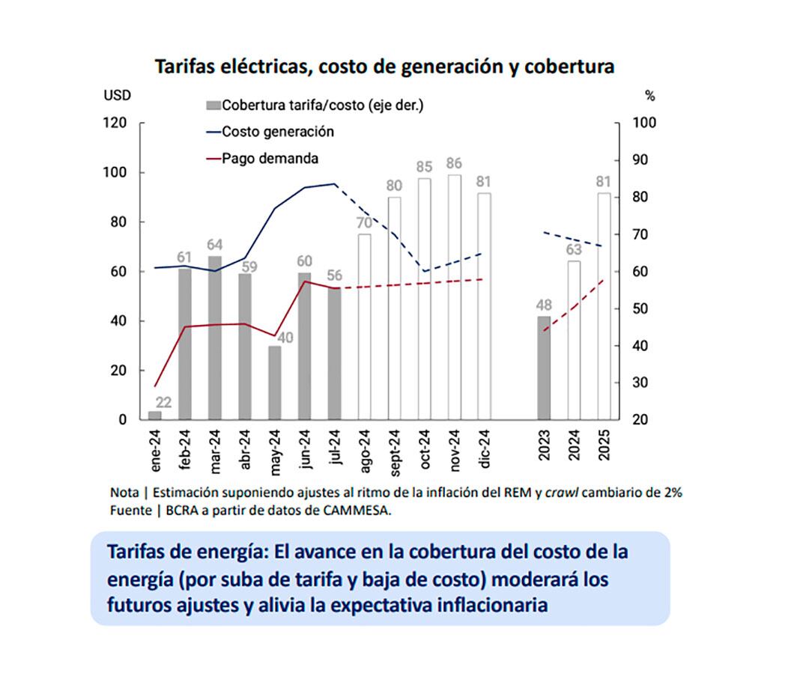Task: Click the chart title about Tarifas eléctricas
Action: coord(384,67)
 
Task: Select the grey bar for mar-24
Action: coord(214,337)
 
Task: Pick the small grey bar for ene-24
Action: coord(154,415)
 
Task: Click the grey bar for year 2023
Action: coord(543,367)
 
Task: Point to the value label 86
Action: coord(454,162)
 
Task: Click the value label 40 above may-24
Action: coord(285,337)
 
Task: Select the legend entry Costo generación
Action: coord(278,132)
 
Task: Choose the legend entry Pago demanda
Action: coord(270,159)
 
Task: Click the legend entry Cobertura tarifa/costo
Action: coord(322,105)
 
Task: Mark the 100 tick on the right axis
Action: coord(643,123)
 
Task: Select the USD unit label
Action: coord(117,96)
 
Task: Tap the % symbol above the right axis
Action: coord(649,96)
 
